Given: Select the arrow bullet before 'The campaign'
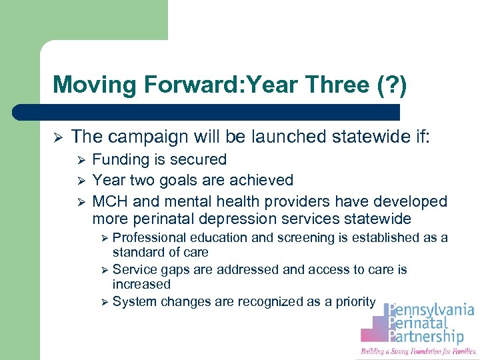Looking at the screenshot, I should point(58,137).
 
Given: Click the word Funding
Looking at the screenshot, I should point(120,160).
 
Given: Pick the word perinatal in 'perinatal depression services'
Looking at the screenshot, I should point(164,219).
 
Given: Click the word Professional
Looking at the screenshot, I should point(150,238).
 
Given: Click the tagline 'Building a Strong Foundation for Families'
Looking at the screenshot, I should point(418,351).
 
